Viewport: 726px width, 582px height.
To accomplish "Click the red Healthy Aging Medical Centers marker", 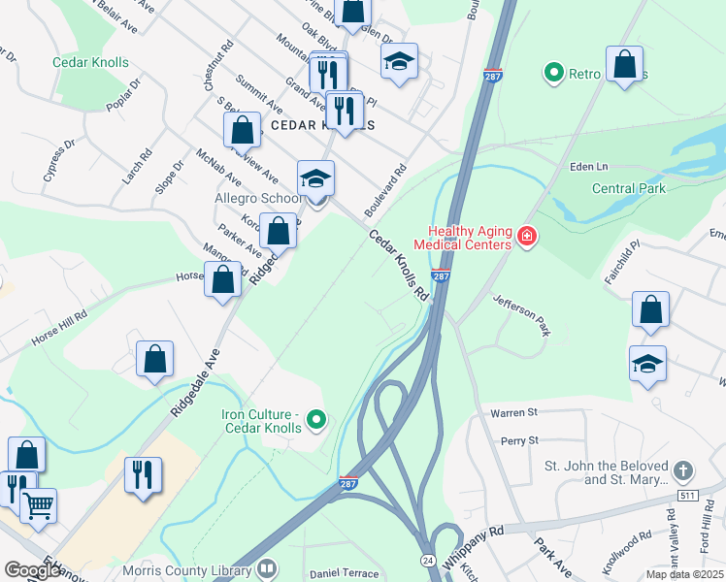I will pyautogui.click(x=527, y=237).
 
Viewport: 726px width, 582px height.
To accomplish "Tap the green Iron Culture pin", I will pyautogui.click(x=315, y=420).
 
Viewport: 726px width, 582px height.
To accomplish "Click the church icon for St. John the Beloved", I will pyautogui.click(x=684, y=470).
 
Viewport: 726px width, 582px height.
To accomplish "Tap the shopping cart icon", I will pyautogui.click(x=38, y=503).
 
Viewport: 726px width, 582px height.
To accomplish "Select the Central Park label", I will pyautogui.click(x=629, y=188).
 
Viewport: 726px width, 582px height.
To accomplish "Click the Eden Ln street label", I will pyautogui.click(x=594, y=167).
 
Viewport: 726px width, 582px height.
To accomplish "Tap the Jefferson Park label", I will pyautogui.click(x=521, y=315).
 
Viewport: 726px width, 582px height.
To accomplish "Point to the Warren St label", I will pyautogui.click(x=513, y=413).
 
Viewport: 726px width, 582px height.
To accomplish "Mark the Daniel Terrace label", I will pyautogui.click(x=342, y=574).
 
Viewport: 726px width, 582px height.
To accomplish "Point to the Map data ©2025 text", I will pyautogui.click(x=684, y=574).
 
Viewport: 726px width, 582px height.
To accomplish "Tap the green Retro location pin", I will pyautogui.click(x=554, y=72).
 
